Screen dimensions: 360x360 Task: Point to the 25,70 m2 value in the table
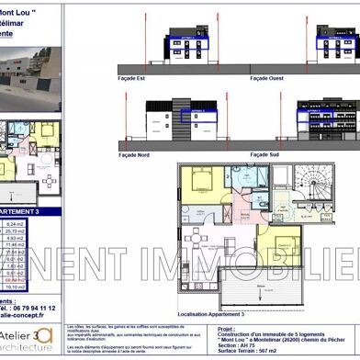coord(40,231)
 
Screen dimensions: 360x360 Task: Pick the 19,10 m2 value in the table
coord(40,287)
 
